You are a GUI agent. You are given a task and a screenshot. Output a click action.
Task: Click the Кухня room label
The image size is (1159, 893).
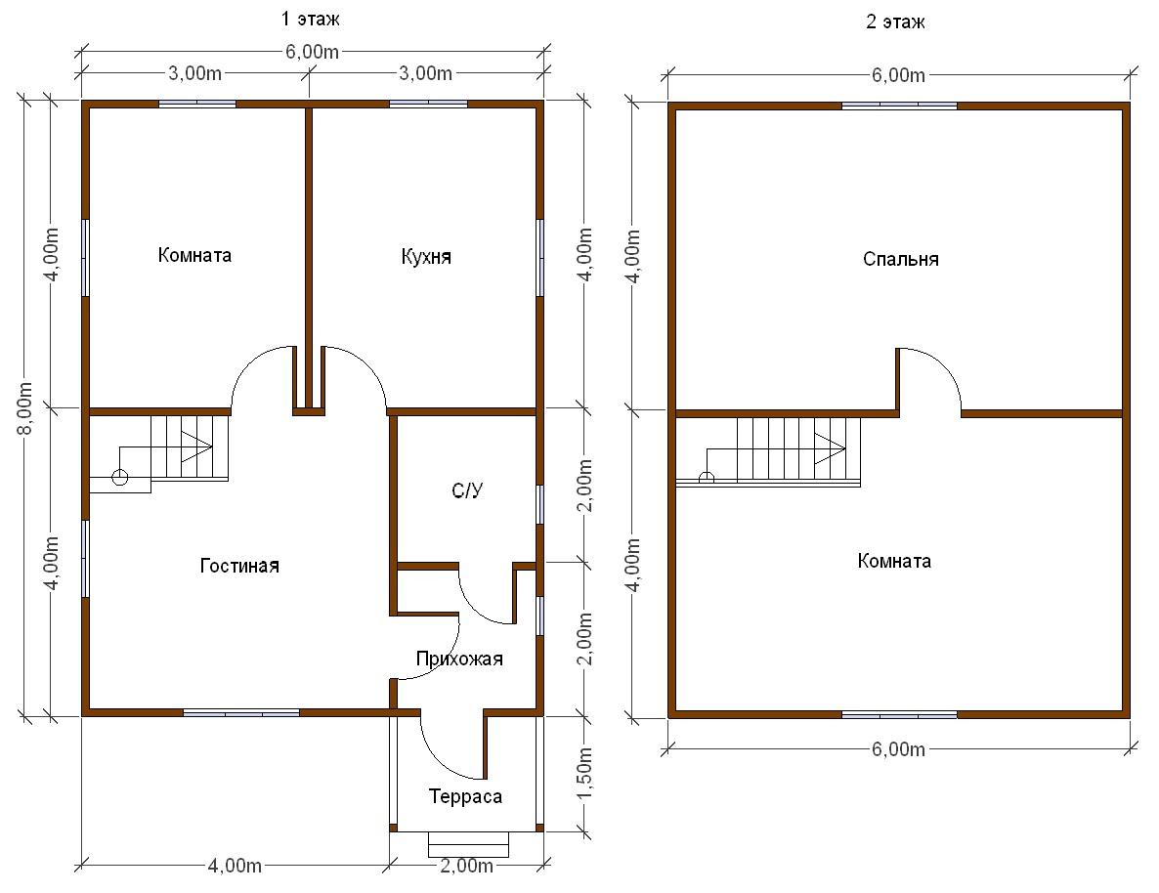(x=426, y=257)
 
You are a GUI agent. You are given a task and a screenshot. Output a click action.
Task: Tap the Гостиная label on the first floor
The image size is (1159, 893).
(x=239, y=566)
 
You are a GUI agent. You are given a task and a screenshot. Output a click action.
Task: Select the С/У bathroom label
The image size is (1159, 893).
(x=467, y=490)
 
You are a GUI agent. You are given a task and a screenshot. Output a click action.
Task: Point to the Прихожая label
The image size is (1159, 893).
(x=459, y=659)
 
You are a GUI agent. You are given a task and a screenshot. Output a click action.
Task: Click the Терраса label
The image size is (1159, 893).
(x=466, y=796)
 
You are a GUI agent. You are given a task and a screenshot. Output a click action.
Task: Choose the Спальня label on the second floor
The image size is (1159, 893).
(x=901, y=260)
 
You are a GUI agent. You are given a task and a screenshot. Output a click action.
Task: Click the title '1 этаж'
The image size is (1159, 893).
(x=311, y=20)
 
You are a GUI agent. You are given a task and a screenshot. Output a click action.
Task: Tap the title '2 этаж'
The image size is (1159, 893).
(x=895, y=21)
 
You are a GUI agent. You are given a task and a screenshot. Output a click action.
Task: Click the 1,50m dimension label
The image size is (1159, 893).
(x=584, y=772)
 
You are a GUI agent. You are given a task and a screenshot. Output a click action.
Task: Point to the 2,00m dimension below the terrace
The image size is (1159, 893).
(x=466, y=865)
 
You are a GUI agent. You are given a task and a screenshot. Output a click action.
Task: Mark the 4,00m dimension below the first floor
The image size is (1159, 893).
(x=235, y=865)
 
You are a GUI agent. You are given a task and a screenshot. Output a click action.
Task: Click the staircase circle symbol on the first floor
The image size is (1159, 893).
(x=120, y=478)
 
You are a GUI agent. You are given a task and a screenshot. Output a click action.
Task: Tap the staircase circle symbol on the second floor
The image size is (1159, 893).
(x=707, y=478)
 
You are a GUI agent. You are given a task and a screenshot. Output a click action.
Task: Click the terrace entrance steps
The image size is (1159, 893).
(x=469, y=844)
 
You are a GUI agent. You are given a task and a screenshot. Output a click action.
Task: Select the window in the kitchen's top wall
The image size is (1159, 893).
(x=428, y=105)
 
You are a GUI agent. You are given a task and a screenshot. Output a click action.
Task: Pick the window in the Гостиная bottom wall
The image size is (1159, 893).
(x=241, y=712)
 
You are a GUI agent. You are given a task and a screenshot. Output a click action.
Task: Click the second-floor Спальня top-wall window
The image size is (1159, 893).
(x=900, y=106)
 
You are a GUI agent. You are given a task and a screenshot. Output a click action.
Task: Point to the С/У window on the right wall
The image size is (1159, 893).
(x=540, y=505)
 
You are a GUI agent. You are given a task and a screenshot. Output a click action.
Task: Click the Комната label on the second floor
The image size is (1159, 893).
(x=894, y=561)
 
